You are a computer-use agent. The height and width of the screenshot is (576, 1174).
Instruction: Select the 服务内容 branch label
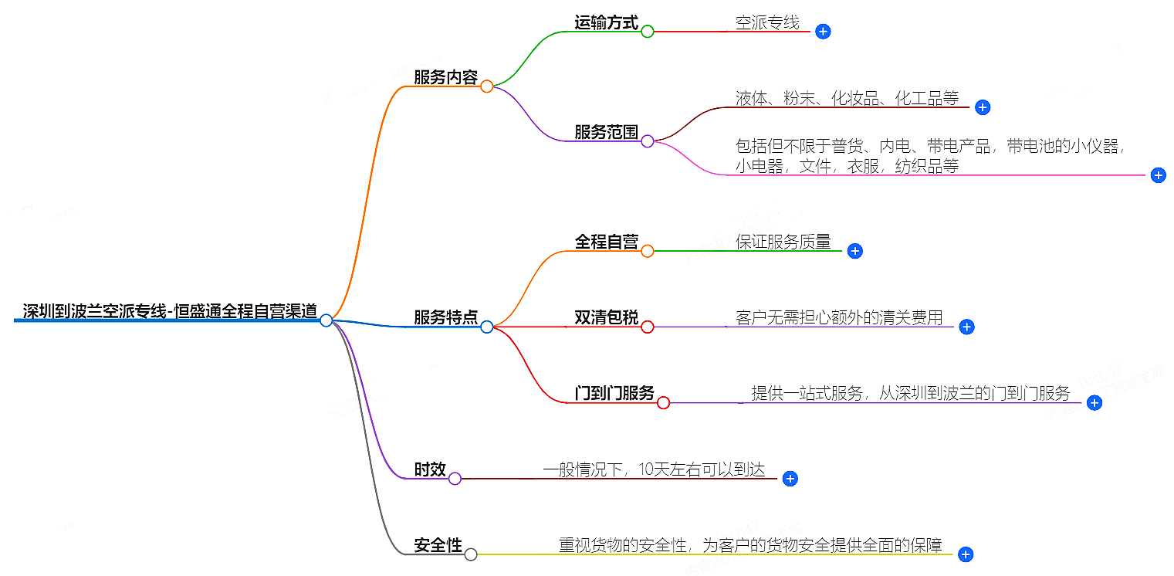(x=445, y=77)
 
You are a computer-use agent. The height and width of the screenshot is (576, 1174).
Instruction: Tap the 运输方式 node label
(x=606, y=22)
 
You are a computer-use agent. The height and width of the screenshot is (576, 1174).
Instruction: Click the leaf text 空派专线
(x=767, y=22)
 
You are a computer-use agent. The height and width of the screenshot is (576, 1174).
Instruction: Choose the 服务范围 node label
(x=606, y=132)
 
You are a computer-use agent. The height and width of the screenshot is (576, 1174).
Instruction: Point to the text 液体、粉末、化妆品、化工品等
(x=847, y=98)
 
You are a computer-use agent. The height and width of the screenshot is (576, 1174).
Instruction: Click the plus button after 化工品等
(x=983, y=107)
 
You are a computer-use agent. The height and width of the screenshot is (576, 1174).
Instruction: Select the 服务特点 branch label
(x=445, y=317)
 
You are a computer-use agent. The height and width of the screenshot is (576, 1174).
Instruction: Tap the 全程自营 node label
(x=606, y=242)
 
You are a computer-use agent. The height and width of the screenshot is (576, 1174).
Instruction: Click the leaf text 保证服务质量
(x=783, y=242)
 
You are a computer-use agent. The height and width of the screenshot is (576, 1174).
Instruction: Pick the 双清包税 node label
(x=606, y=317)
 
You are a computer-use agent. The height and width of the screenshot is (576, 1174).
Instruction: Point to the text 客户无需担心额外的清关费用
(x=839, y=317)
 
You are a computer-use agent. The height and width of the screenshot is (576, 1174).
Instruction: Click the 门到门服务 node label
(x=614, y=393)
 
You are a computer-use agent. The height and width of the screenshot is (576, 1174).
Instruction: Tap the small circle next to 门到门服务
(x=663, y=402)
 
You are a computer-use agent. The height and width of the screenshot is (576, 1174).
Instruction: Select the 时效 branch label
(x=430, y=469)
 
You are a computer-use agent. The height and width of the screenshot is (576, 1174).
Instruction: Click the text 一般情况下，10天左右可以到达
(x=654, y=469)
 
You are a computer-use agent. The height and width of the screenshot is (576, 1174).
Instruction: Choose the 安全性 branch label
(x=438, y=545)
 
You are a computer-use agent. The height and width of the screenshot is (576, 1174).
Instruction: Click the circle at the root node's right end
(x=326, y=320)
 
